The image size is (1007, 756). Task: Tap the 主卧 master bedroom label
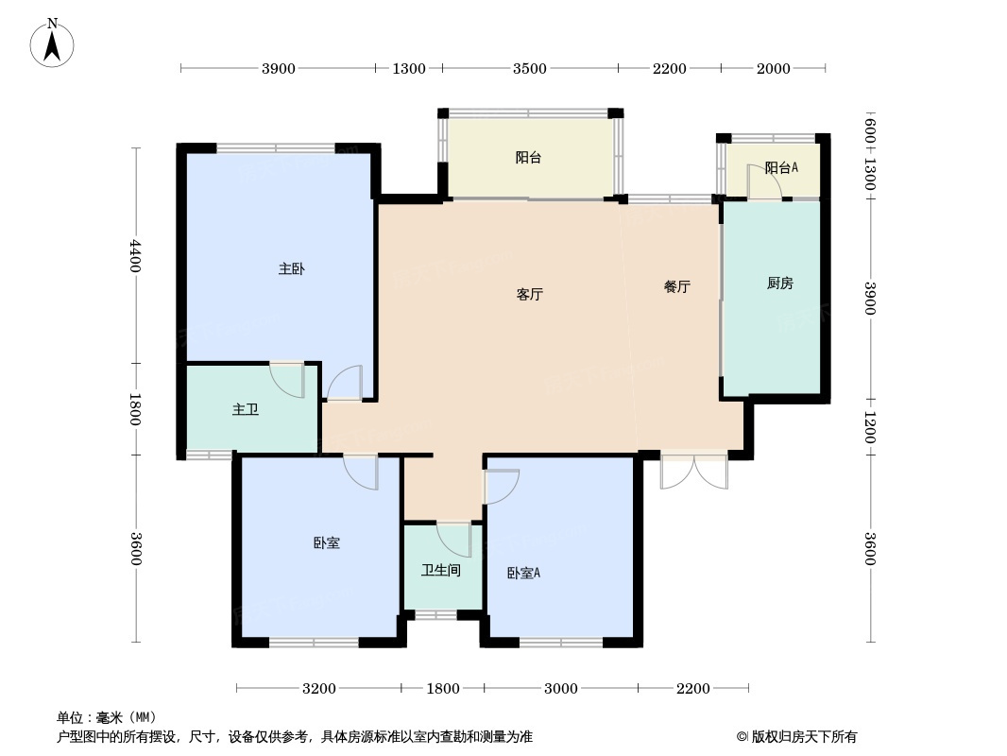291,269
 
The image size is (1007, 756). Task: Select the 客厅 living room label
529,294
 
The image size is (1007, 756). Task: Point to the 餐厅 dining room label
676,287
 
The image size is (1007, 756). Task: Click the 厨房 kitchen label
779,283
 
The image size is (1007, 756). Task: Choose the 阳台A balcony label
781,168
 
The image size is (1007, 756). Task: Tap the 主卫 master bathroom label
246,410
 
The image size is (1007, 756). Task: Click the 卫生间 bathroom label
440,571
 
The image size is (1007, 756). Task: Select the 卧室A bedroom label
523,574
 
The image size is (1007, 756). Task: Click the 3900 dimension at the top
279,68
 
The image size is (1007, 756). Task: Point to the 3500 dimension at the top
530,68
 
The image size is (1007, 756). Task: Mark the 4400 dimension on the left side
136,255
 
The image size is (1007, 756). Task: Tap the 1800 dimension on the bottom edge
442,688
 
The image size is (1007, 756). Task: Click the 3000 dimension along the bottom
560,688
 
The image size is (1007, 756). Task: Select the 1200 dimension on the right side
869,427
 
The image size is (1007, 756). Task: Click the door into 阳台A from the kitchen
763,182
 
